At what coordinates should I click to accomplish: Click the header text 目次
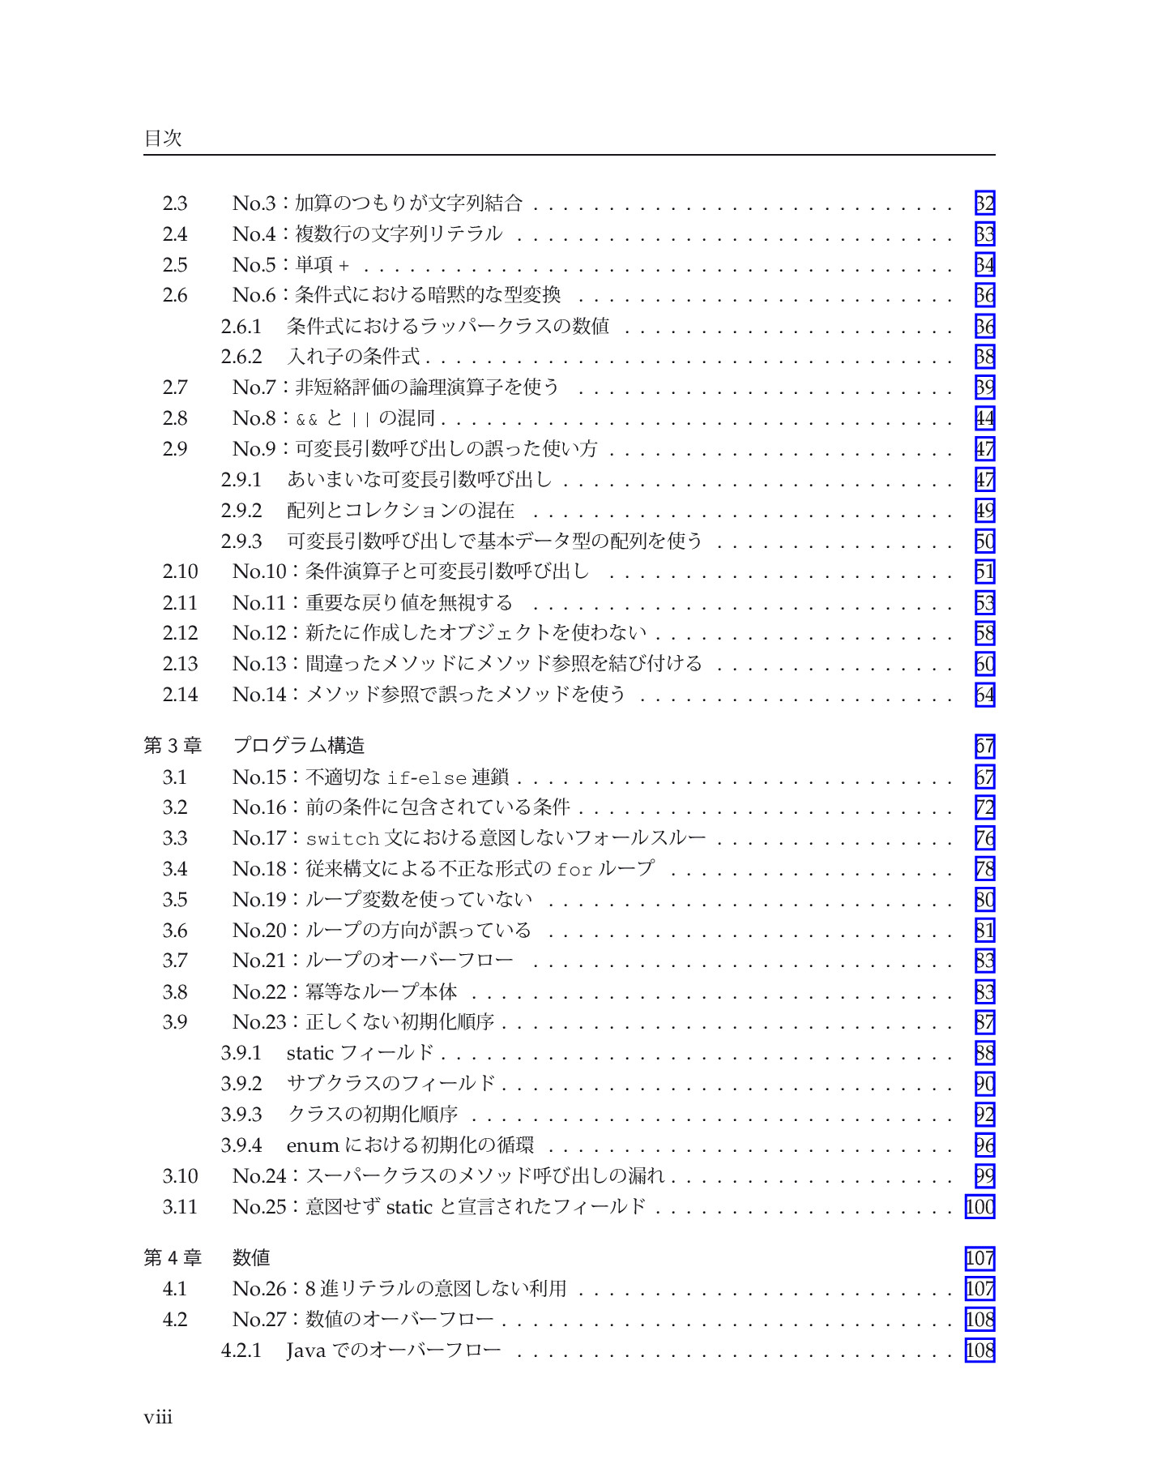[x=163, y=138]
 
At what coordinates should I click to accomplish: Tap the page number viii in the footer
[x=158, y=1417]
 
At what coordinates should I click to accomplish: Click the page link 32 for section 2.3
[x=984, y=203]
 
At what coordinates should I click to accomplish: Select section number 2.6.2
[x=241, y=357]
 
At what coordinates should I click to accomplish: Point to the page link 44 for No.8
[x=984, y=418]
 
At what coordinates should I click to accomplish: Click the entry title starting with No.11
[x=373, y=602]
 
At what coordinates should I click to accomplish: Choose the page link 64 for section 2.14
[x=984, y=695]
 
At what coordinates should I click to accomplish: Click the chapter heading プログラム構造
[x=298, y=745]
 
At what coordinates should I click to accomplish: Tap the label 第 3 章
[x=173, y=745]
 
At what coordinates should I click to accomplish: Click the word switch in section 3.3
[x=343, y=839]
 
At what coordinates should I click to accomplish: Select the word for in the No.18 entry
[x=574, y=870]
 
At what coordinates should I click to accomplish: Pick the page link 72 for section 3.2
[x=984, y=807]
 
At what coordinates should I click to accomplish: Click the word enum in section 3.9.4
[x=312, y=1145]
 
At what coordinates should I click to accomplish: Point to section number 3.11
[x=180, y=1207]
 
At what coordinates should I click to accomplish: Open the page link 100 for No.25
[x=980, y=1207]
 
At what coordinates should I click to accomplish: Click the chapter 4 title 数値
[x=251, y=1257]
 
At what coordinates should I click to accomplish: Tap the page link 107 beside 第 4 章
[x=980, y=1258]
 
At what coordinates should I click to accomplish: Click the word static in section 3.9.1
[x=309, y=1053]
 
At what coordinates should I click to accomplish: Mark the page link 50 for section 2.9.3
[x=984, y=541]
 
